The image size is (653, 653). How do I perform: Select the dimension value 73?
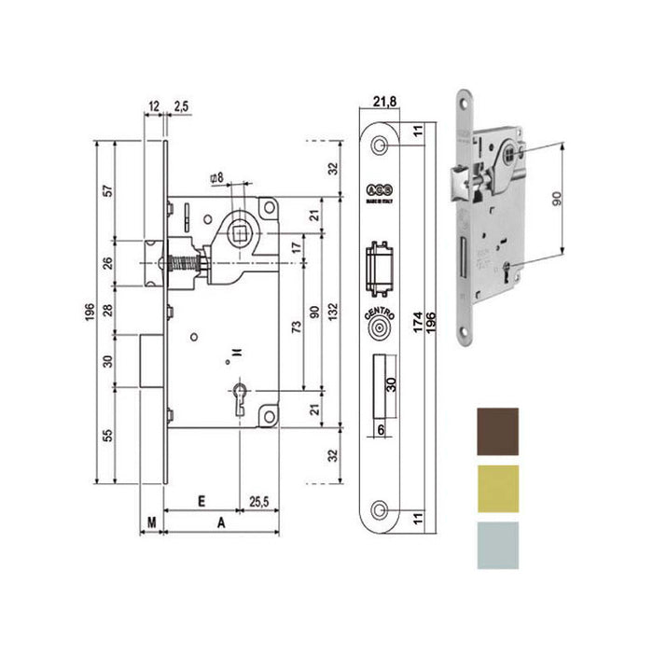click(x=297, y=326)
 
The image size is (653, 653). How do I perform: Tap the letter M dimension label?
click(x=151, y=522)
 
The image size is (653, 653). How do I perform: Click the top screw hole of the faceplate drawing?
click(x=381, y=146)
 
